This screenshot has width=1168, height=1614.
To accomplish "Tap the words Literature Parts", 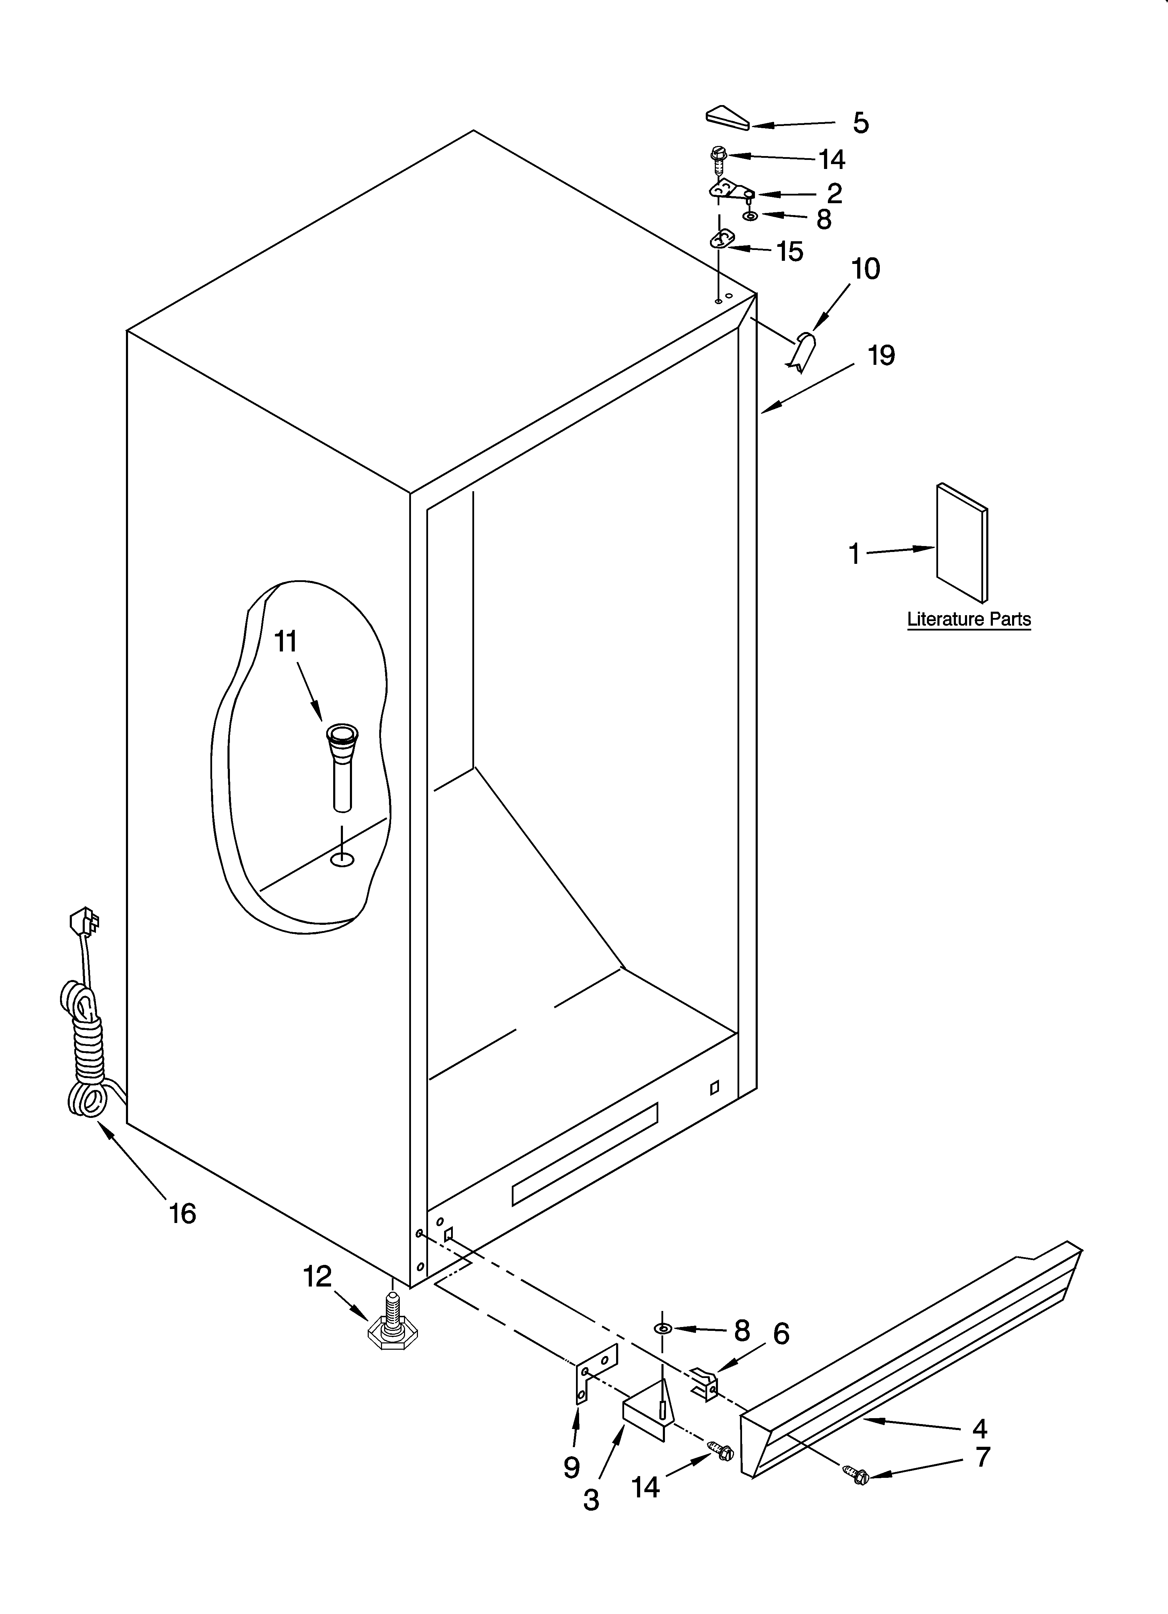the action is pyautogui.click(x=969, y=620).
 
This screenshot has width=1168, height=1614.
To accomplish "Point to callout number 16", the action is pyautogui.click(x=183, y=1213).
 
